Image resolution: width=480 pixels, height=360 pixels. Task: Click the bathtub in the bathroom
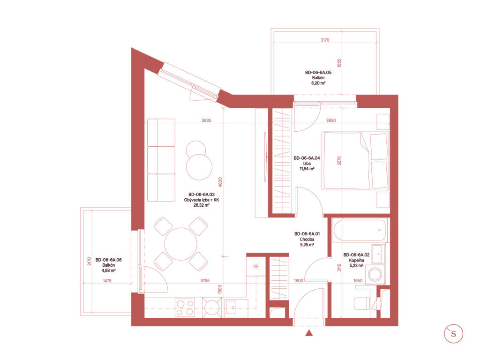click(360, 230)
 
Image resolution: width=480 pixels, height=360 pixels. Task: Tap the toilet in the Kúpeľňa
click(361, 303)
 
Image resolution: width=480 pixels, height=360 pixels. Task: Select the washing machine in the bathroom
click(375, 274)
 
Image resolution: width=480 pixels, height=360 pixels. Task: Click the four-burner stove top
click(185, 307)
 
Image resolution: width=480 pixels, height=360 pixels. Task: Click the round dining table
click(180, 244)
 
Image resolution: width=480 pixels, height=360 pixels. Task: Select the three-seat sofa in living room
click(161, 160)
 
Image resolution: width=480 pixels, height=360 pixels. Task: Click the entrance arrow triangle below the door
click(309, 333)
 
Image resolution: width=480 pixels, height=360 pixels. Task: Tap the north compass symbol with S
click(453, 333)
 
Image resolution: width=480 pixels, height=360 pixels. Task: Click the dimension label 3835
click(206, 120)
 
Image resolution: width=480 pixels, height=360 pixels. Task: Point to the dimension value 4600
click(220, 182)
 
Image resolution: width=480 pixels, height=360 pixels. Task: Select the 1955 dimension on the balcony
click(339, 63)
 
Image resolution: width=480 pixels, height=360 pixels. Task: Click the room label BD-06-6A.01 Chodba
click(307, 237)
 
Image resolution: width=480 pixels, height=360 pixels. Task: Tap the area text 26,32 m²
click(202, 205)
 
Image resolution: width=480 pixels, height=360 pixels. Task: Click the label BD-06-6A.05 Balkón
click(318, 75)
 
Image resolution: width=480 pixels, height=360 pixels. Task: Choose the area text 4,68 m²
click(108, 270)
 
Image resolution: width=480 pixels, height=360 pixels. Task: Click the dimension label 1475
click(107, 281)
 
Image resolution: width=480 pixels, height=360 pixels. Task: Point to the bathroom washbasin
click(378, 254)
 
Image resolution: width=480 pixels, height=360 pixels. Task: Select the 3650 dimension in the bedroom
click(330, 120)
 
